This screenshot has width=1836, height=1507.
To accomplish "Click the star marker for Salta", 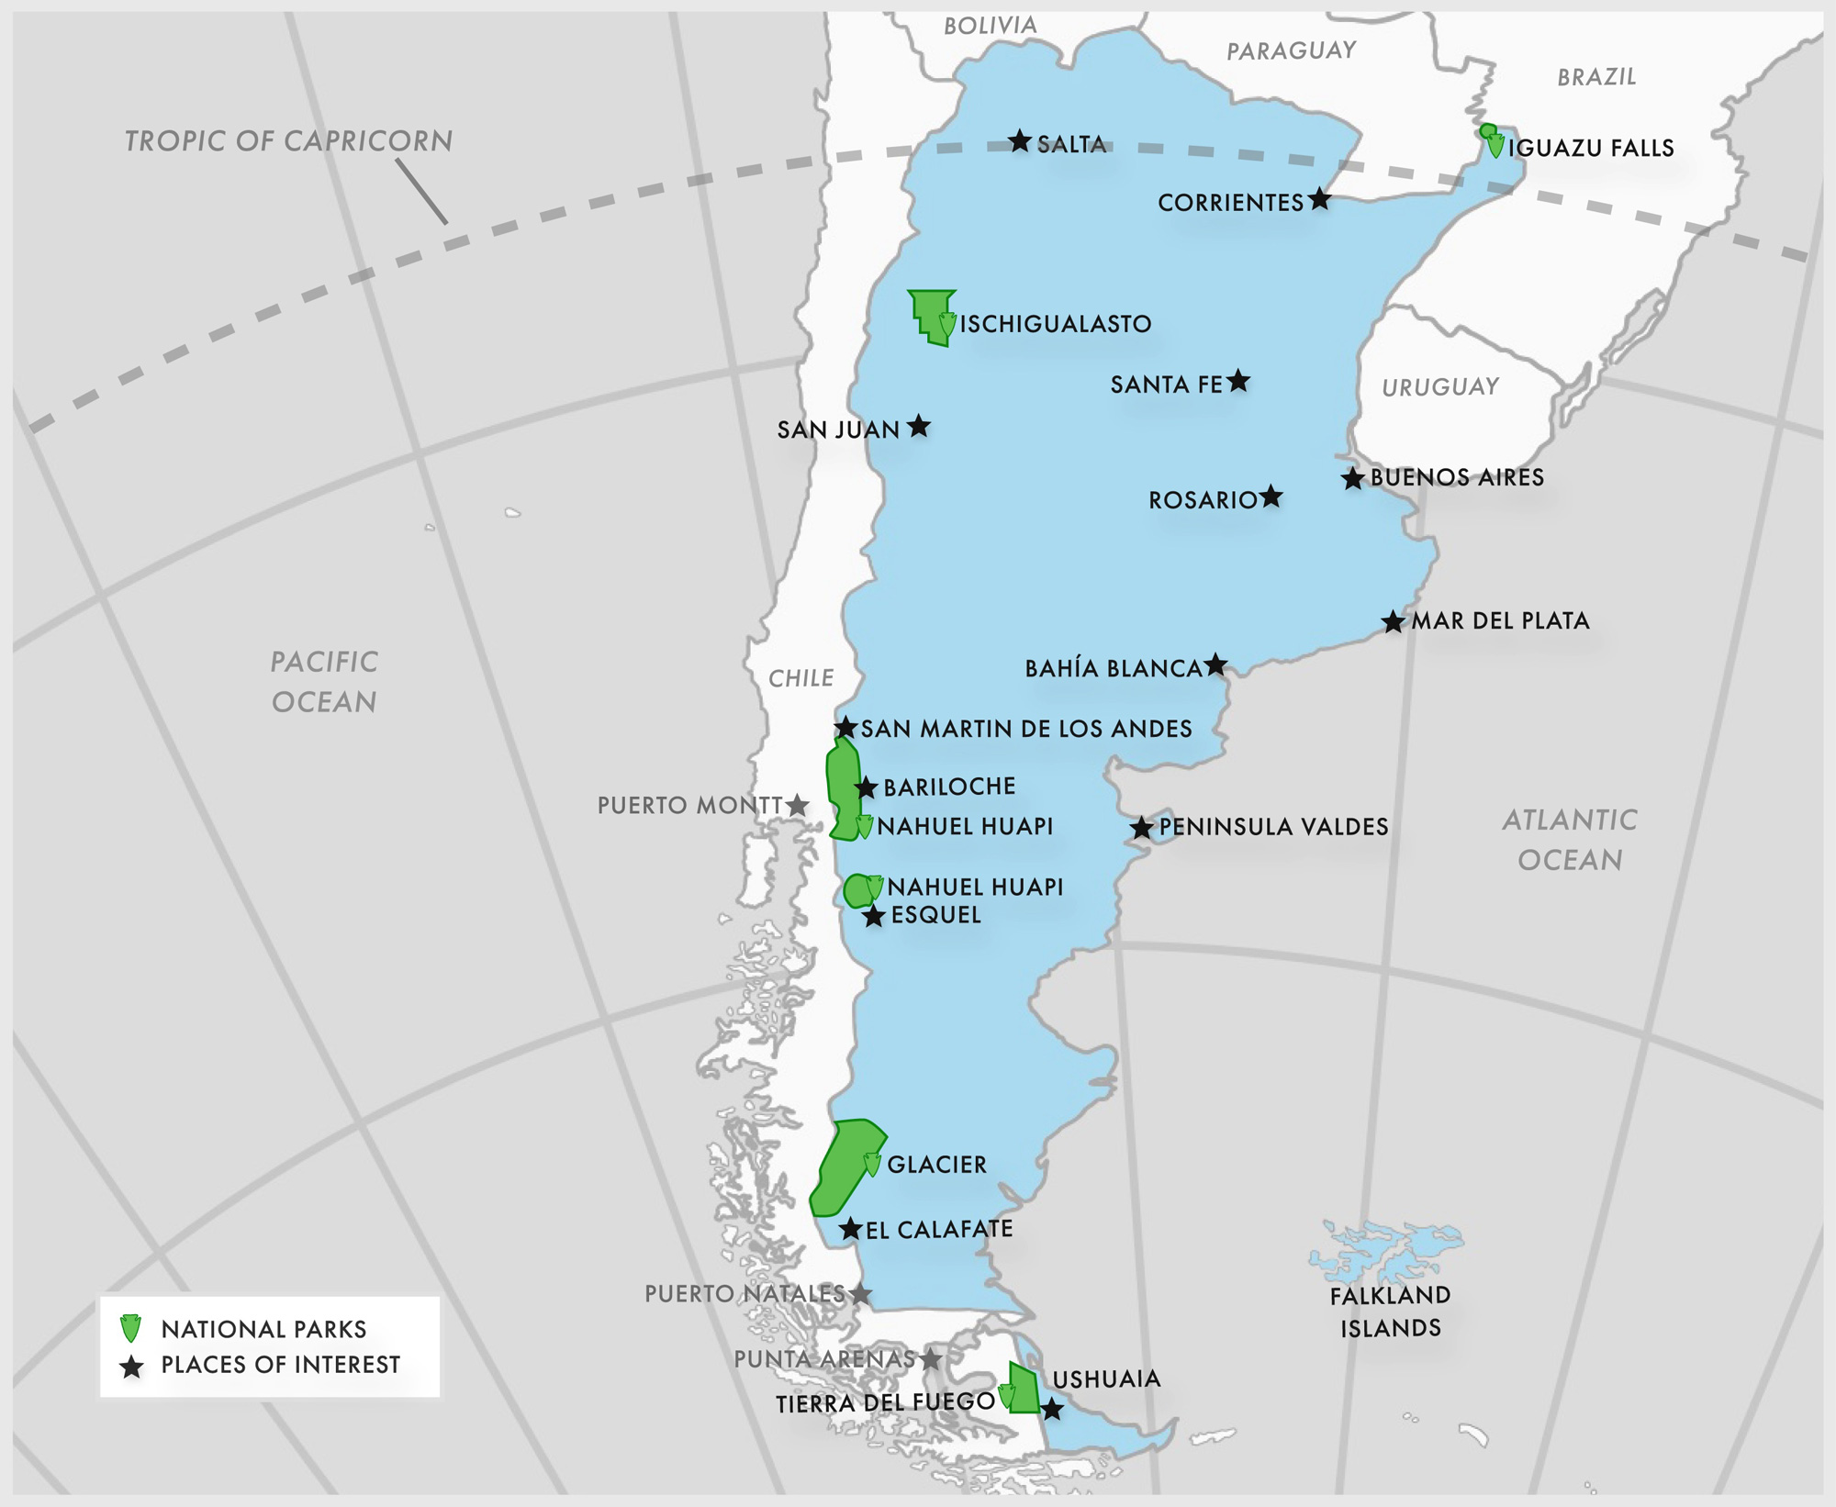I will [x=1020, y=141].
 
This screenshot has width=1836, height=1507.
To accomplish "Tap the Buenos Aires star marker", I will [x=1352, y=478].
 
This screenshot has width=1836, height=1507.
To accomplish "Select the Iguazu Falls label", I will [x=1591, y=149].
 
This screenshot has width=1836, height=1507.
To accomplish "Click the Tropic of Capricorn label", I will [x=288, y=141].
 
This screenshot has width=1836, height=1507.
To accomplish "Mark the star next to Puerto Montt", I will [x=798, y=806].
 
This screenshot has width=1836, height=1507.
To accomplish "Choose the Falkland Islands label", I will [x=1390, y=1312].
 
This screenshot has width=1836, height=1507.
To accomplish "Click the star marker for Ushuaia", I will [x=1052, y=1409].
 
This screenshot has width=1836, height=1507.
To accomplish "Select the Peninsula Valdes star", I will [x=1141, y=828].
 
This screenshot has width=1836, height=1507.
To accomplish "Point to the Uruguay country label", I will [x=1440, y=387].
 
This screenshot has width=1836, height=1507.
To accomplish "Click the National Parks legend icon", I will [x=131, y=1328].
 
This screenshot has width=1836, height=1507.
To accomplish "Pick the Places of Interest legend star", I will [x=132, y=1367].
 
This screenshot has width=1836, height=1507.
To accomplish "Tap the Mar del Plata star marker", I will [x=1393, y=622].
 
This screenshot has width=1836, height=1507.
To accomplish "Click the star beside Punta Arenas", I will [x=931, y=1359].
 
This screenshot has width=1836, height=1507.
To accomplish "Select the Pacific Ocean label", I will [x=324, y=682].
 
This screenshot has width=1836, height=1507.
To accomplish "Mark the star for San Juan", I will [x=919, y=427].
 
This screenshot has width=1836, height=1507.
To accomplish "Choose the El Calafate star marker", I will [x=851, y=1229].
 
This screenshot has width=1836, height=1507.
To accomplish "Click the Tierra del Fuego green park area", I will [x=1024, y=1388].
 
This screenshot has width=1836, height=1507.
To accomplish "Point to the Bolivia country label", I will [x=991, y=26].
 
